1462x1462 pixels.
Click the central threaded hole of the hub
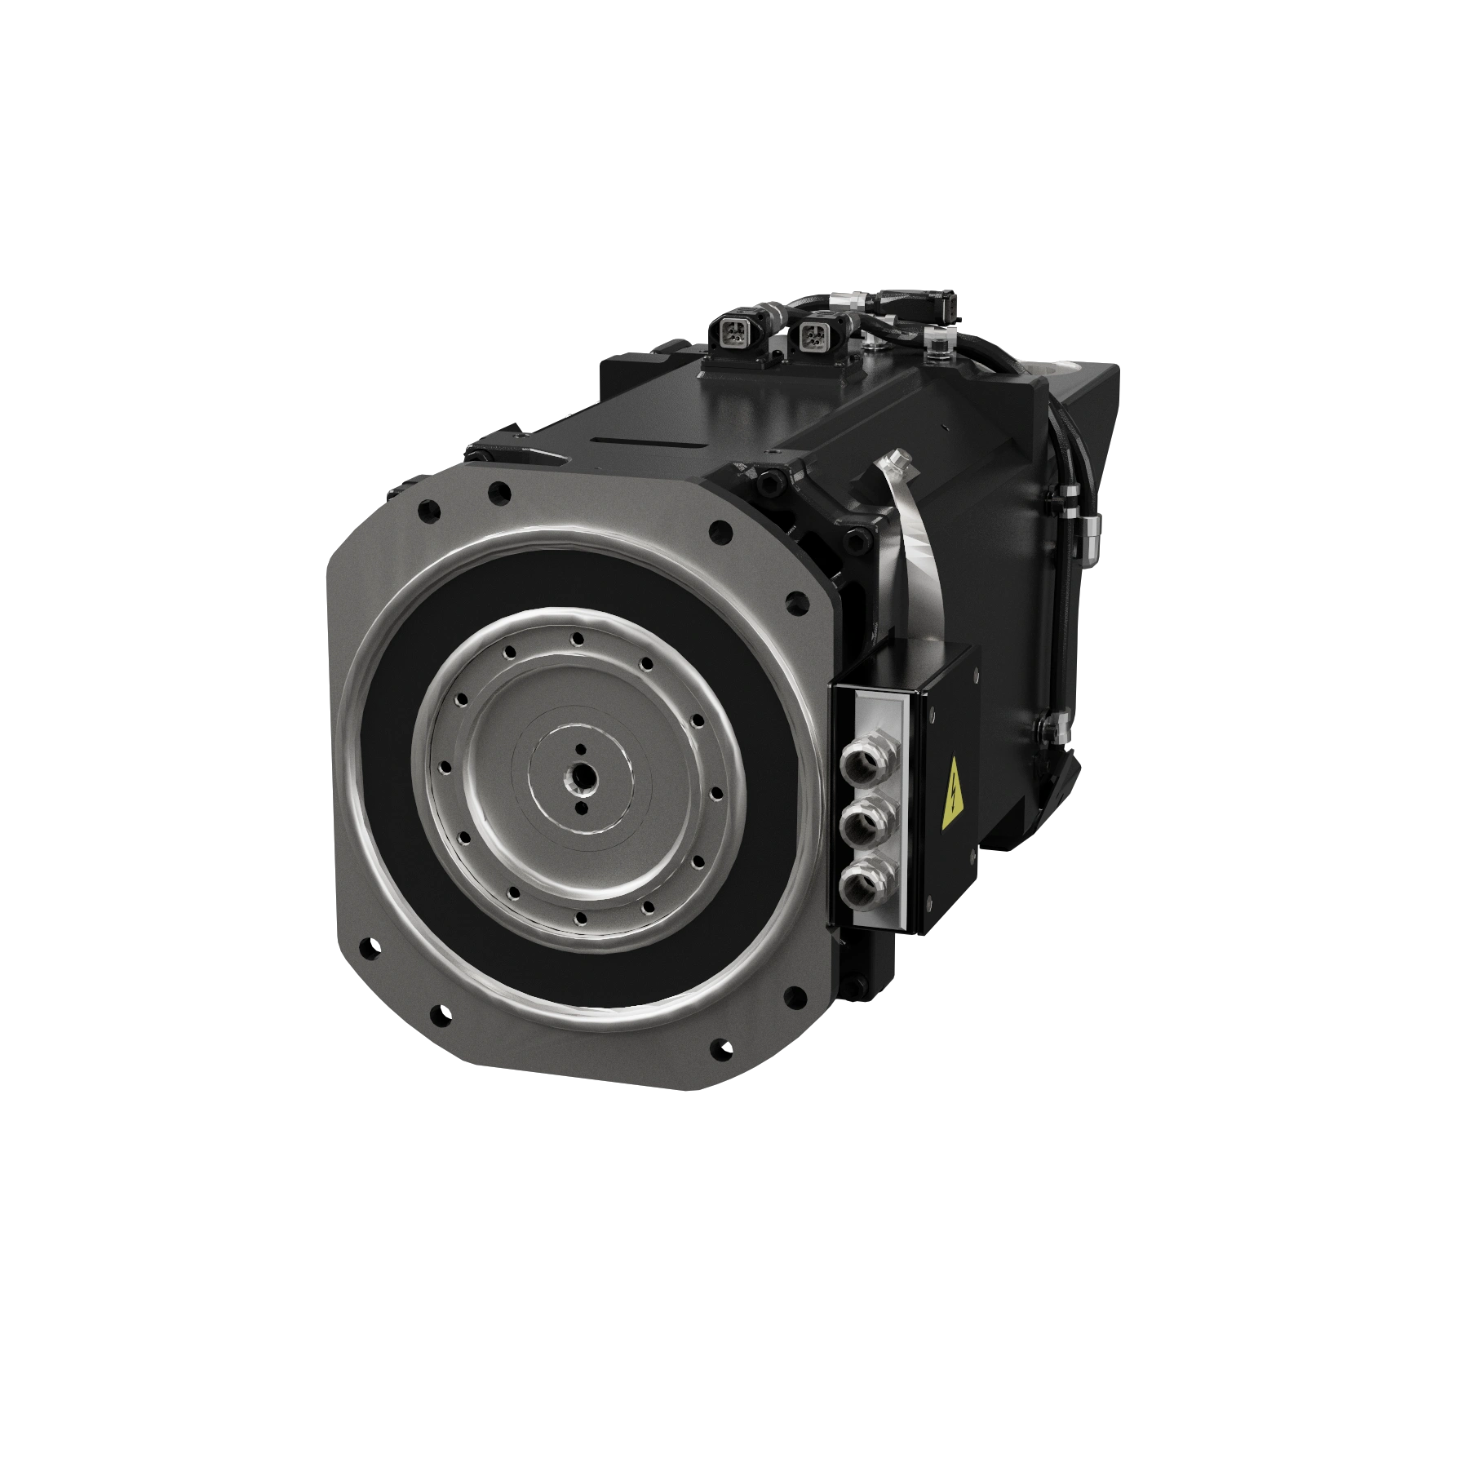pos(580,778)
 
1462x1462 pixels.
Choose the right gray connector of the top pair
pos(813,332)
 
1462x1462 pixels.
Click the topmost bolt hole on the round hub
pos(578,639)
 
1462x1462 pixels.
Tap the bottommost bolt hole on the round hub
pos(580,918)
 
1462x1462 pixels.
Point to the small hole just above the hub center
pos(580,748)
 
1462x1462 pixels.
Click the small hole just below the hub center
pos(580,807)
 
